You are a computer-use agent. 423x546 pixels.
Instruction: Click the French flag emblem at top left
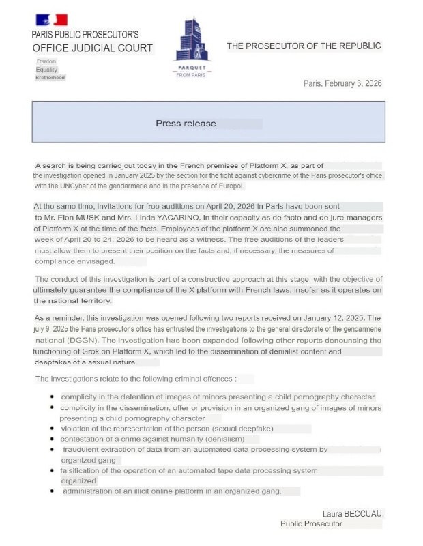(50, 19)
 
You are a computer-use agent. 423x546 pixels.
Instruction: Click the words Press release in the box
(186, 124)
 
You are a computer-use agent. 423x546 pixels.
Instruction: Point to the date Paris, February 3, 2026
(342, 83)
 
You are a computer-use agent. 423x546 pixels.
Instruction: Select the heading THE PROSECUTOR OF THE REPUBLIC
(304, 46)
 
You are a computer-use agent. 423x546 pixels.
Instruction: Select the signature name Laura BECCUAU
(353, 513)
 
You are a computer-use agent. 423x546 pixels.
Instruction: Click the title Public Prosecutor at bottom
(312, 524)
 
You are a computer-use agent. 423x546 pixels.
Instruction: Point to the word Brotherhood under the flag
(50, 78)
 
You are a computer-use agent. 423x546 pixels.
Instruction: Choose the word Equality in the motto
(47, 70)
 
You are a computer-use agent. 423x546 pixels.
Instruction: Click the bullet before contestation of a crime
(53, 440)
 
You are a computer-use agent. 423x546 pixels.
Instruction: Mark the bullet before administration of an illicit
(53, 491)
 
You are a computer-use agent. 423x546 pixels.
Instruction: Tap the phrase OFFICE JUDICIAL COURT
(92, 48)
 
